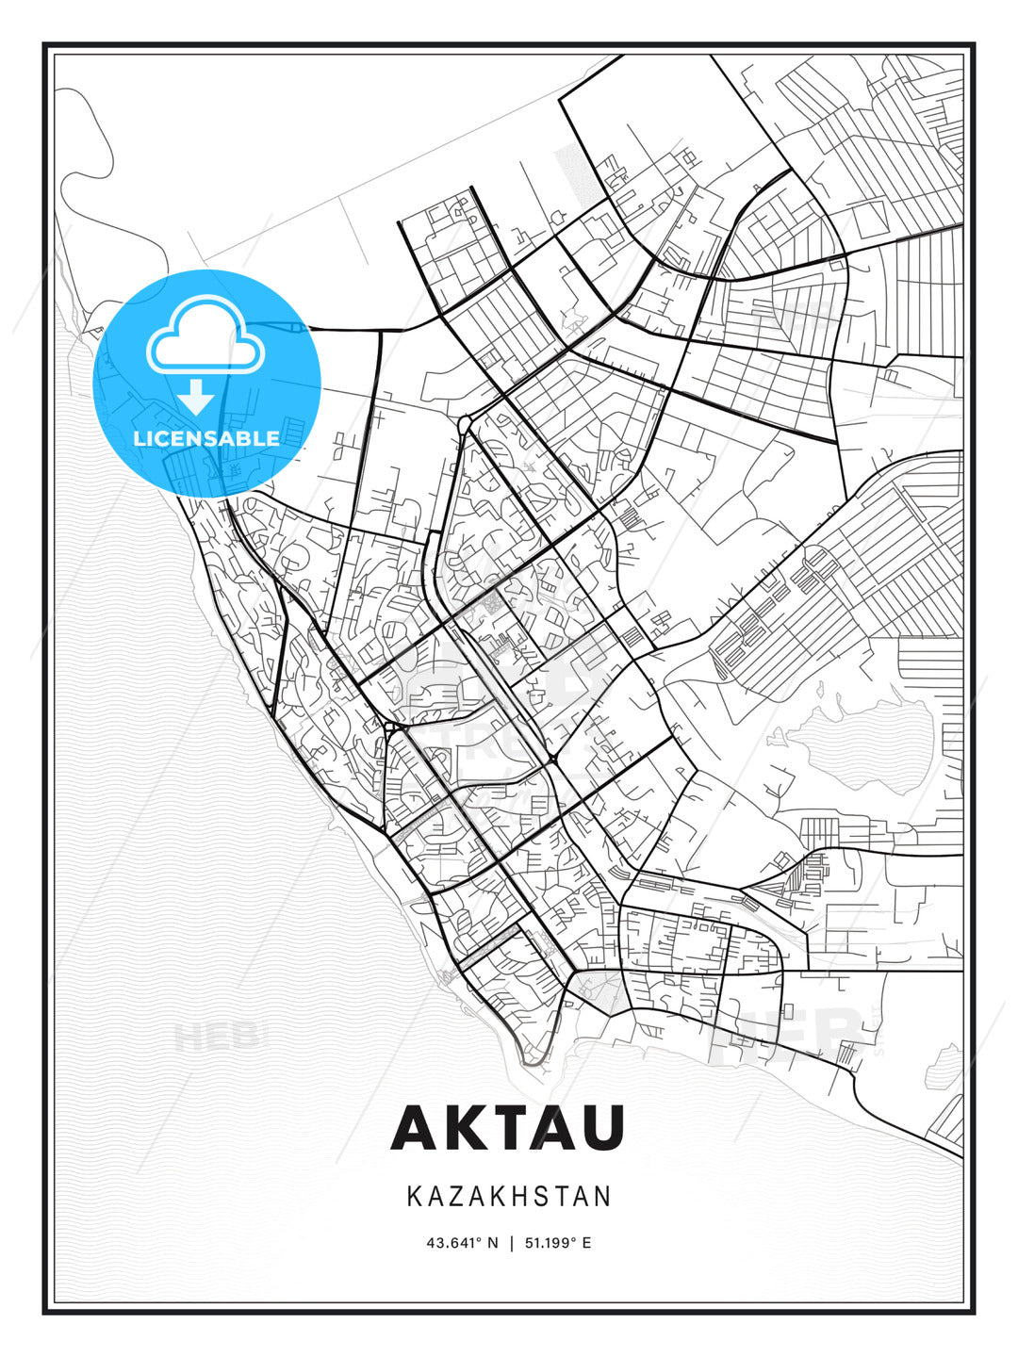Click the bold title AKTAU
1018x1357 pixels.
tap(508, 1126)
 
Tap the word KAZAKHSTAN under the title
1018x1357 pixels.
tap(509, 1197)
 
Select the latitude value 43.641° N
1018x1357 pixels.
tap(462, 1243)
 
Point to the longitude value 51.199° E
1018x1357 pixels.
tap(556, 1243)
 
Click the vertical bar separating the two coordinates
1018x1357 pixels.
tap(510, 1243)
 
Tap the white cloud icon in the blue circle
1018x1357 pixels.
tap(205, 337)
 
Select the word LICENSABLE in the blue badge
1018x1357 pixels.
tap(206, 438)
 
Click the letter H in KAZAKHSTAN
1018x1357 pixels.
tap(527, 1197)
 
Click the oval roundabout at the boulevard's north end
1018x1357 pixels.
tap(466, 423)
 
